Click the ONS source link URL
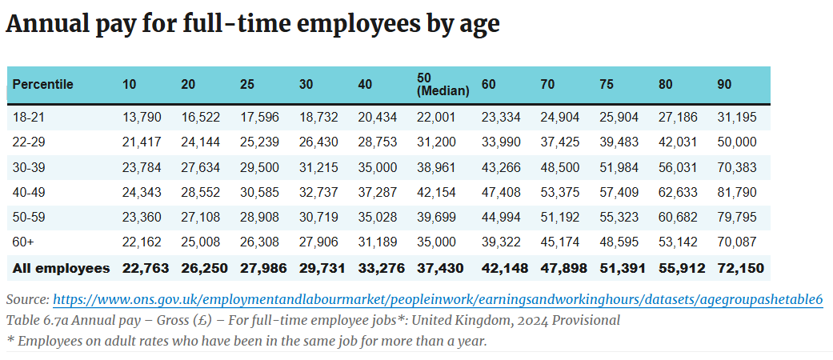tap(438, 299)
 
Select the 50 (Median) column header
tap(443, 84)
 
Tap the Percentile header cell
tap(42, 84)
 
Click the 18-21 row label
tap(27, 117)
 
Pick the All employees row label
tap(61, 268)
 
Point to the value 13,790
tap(142, 117)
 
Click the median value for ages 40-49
tap(437, 192)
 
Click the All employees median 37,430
tap(440, 268)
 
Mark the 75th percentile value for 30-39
tap(619, 167)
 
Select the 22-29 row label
tap(28, 142)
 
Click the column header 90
tap(724, 84)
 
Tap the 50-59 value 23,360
tap(142, 218)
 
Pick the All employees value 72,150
tap(741, 268)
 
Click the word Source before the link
tap(26, 299)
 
